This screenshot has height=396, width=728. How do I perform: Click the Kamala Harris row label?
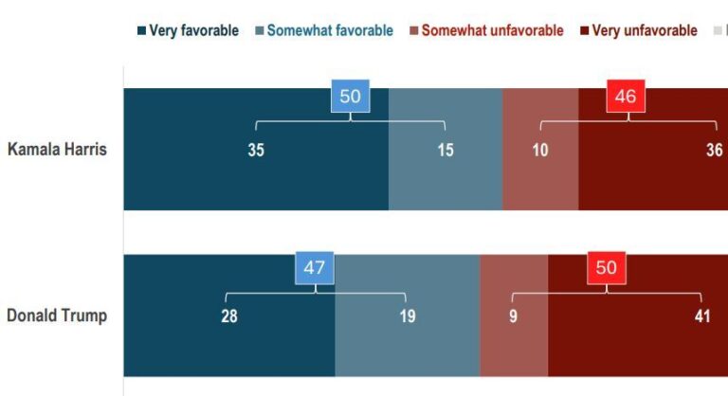pyautogui.click(x=57, y=150)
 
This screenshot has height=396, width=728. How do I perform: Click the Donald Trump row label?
pyautogui.click(x=57, y=316)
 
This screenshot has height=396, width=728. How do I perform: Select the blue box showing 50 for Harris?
pyautogui.click(x=351, y=97)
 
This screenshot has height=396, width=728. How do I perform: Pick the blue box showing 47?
pyautogui.click(x=315, y=268)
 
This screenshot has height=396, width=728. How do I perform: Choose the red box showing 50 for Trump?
pyautogui.click(x=607, y=268)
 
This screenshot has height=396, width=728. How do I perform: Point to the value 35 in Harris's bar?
pyautogui.click(x=256, y=150)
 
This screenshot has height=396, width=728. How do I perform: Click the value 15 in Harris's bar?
pyautogui.click(x=446, y=150)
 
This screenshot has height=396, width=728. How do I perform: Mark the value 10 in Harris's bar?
pyautogui.click(x=540, y=150)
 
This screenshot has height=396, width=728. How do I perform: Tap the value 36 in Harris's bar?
pyautogui.click(x=715, y=150)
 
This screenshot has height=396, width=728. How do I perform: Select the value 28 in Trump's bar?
pyautogui.click(x=229, y=316)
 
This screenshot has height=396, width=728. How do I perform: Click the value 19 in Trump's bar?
pyautogui.click(x=407, y=316)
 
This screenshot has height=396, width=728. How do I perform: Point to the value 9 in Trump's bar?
pyautogui.click(x=514, y=316)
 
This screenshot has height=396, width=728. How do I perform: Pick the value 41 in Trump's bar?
pyautogui.click(x=702, y=316)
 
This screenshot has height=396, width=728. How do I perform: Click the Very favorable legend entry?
pyautogui.click(x=191, y=30)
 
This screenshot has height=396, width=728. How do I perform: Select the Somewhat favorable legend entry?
pyautogui.click(x=324, y=30)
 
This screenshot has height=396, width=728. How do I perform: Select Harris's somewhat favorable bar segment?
pyautogui.click(x=446, y=185)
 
